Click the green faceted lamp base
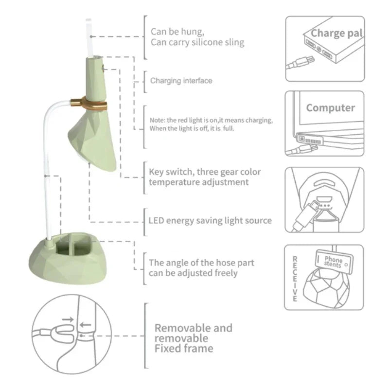coord(68,263)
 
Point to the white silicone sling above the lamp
coord(89,37)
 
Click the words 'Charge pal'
coord(336,33)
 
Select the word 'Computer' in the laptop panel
coord(331,107)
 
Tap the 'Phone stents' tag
coord(334,262)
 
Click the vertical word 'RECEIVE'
coord(295,279)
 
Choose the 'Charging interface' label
coord(181,81)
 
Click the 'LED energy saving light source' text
coord(210,221)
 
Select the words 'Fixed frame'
coord(184,349)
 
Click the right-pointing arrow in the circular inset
coord(68,319)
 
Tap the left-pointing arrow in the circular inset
coord(86,325)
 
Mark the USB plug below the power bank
coord(301,63)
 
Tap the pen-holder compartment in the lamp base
coord(74,246)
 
